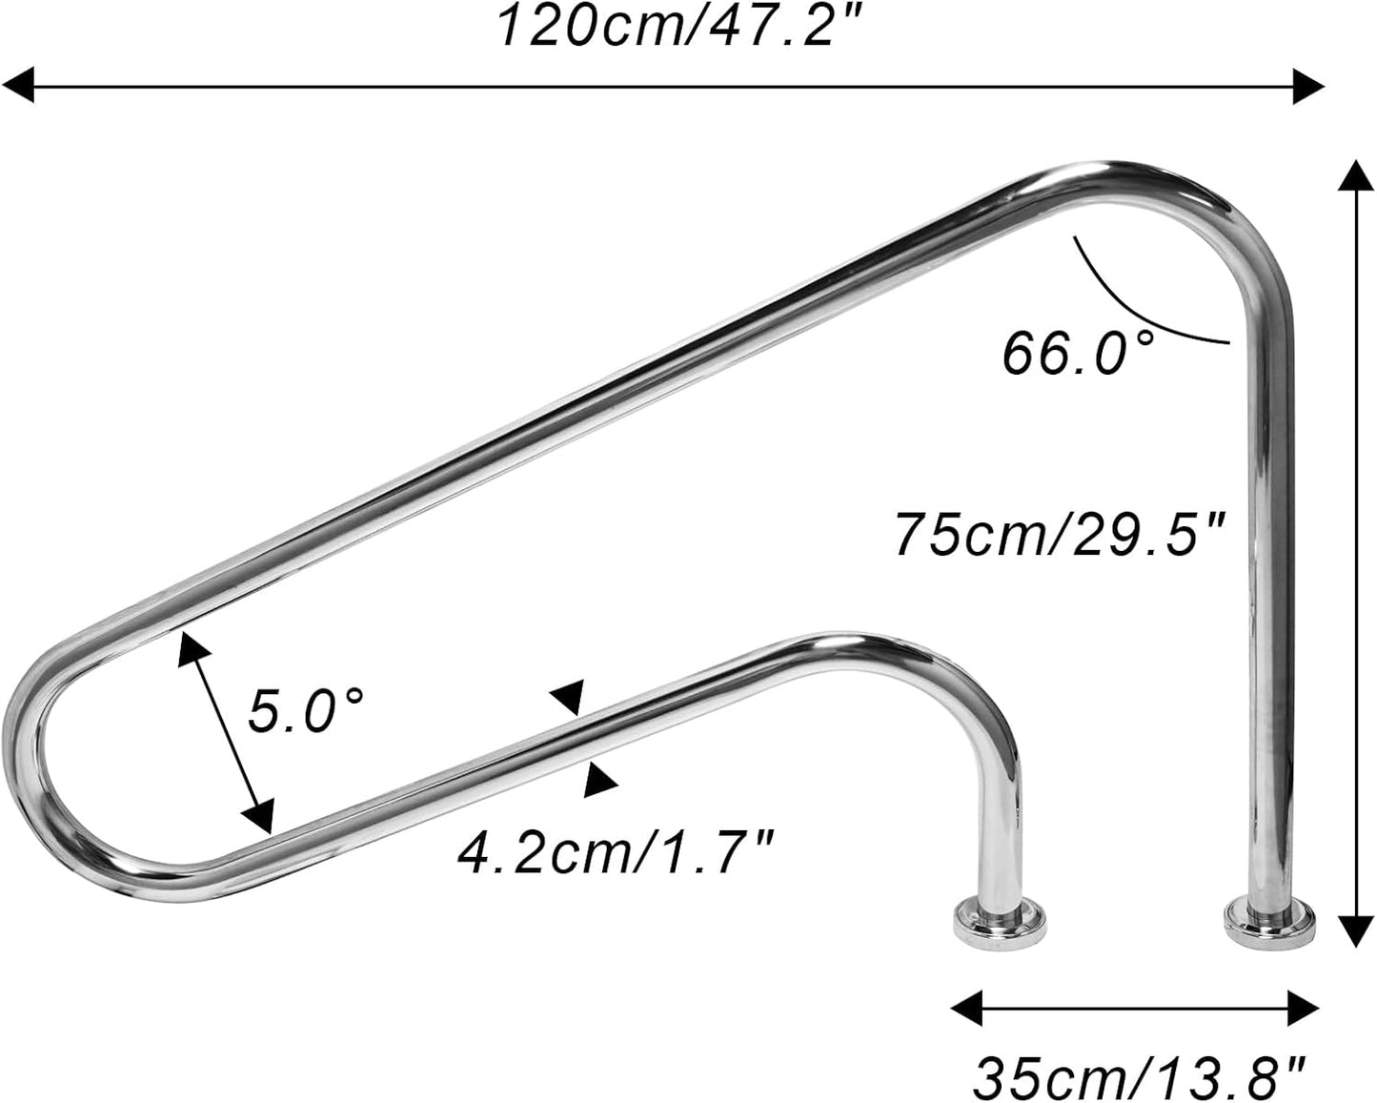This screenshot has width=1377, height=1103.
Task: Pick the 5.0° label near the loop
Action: pos(306,711)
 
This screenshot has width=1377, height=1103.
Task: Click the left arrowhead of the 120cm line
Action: pos(19,86)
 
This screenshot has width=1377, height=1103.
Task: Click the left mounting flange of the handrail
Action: pos(1000,921)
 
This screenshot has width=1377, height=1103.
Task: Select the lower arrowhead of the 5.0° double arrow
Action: pos(259,816)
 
